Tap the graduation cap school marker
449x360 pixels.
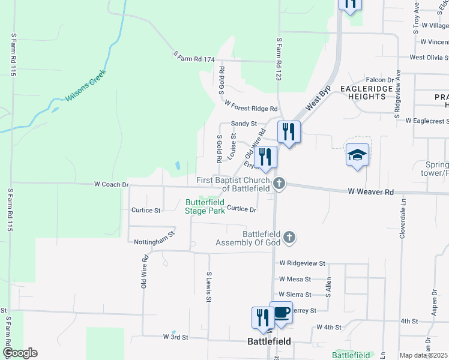[x=358, y=155]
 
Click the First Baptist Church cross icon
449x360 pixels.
[x=279, y=183]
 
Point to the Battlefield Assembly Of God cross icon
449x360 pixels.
[x=289, y=238]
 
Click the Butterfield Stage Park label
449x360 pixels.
[x=205, y=206]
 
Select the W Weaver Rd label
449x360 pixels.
[x=370, y=191]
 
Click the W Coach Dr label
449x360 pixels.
[x=111, y=185]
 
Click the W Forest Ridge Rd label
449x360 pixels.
[x=251, y=106]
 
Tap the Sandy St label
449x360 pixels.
[x=244, y=124]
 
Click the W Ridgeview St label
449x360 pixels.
[x=302, y=263]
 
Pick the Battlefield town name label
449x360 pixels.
[x=270, y=341]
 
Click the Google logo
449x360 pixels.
[x=20, y=353]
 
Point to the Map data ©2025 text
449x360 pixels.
[x=423, y=355]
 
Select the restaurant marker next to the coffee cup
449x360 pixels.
[x=262, y=317]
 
